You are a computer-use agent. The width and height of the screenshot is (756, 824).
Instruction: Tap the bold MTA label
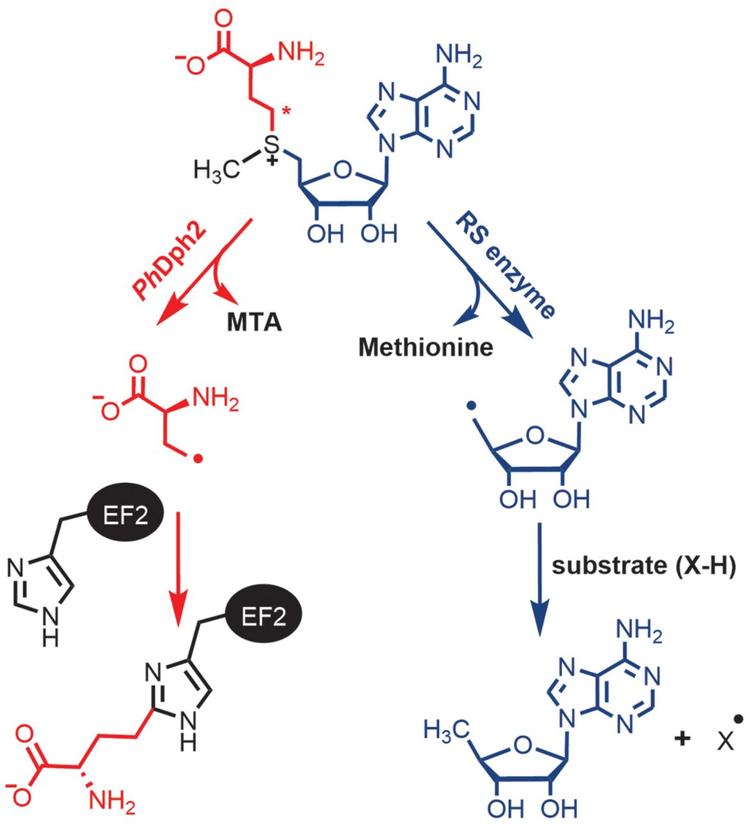[254, 321]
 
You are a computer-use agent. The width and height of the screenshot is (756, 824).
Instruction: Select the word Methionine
[426, 347]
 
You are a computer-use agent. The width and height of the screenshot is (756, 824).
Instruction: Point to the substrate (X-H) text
[643, 566]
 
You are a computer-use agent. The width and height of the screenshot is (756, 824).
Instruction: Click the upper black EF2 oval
[126, 516]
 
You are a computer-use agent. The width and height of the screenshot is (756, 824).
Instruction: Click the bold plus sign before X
[682, 738]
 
